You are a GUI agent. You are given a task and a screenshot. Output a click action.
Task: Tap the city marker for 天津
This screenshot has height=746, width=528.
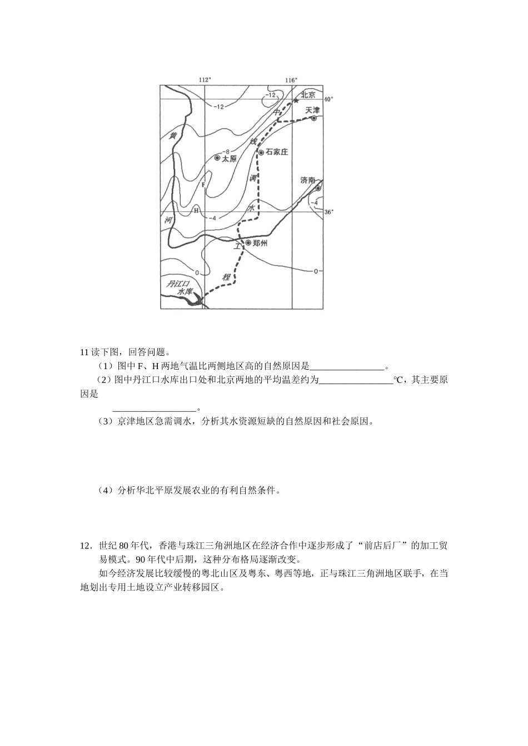click(x=314, y=118)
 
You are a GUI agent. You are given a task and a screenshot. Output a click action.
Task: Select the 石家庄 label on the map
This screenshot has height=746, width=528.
click(x=277, y=152)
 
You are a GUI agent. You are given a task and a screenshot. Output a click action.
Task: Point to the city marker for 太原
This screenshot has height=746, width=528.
click(x=217, y=158)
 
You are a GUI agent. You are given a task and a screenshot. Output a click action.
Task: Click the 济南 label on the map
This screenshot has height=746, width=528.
click(x=307, y=180)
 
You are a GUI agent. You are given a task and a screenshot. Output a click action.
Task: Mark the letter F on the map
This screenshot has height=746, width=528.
click(x=203, y=184)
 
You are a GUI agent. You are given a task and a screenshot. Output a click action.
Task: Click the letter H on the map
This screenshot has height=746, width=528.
click(x=196, y=210)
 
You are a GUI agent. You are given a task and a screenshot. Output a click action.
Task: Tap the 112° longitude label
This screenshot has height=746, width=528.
click(x=205, y=80)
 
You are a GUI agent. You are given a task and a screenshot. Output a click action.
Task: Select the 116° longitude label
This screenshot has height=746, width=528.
click(x=291, y=80)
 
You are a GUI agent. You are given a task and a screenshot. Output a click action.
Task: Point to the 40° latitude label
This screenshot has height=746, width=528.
click(x=328, y=99)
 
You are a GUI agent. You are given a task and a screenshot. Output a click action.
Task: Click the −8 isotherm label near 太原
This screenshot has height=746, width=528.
click(x=225, y=151)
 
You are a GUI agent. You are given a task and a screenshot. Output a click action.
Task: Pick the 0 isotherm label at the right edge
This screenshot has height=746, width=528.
click(x=315, y=271)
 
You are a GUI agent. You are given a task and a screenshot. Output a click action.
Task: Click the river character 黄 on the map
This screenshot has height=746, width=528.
click(x=173, y=135)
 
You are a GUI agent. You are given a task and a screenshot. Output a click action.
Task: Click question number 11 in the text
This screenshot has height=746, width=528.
click(x=84, y=352)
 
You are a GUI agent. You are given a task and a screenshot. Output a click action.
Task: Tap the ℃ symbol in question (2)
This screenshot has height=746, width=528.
click(x=398, y=380)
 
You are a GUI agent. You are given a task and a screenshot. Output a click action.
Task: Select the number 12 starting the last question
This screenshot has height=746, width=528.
click(x=85, y=546)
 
